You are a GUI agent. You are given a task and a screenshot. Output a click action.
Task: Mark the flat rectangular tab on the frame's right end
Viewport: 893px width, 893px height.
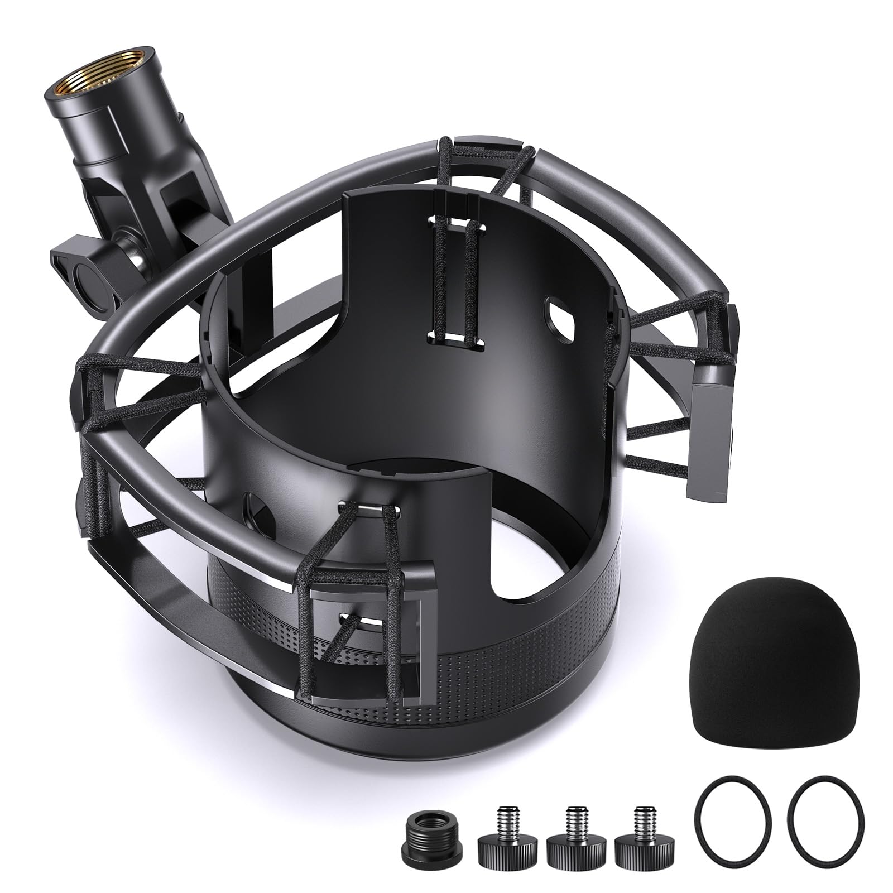[709, 435]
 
